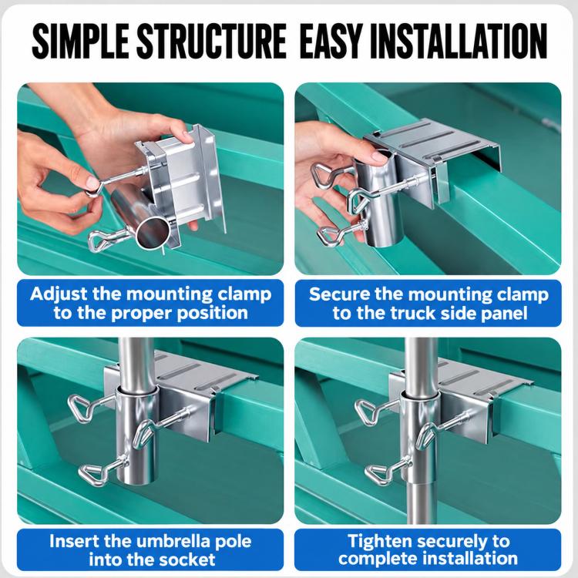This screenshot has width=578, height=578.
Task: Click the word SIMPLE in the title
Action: (x=80, y=41)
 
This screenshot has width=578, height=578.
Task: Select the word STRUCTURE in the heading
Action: (x=212, y=41)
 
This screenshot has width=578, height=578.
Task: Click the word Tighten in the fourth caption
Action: (x=380, y=542)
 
